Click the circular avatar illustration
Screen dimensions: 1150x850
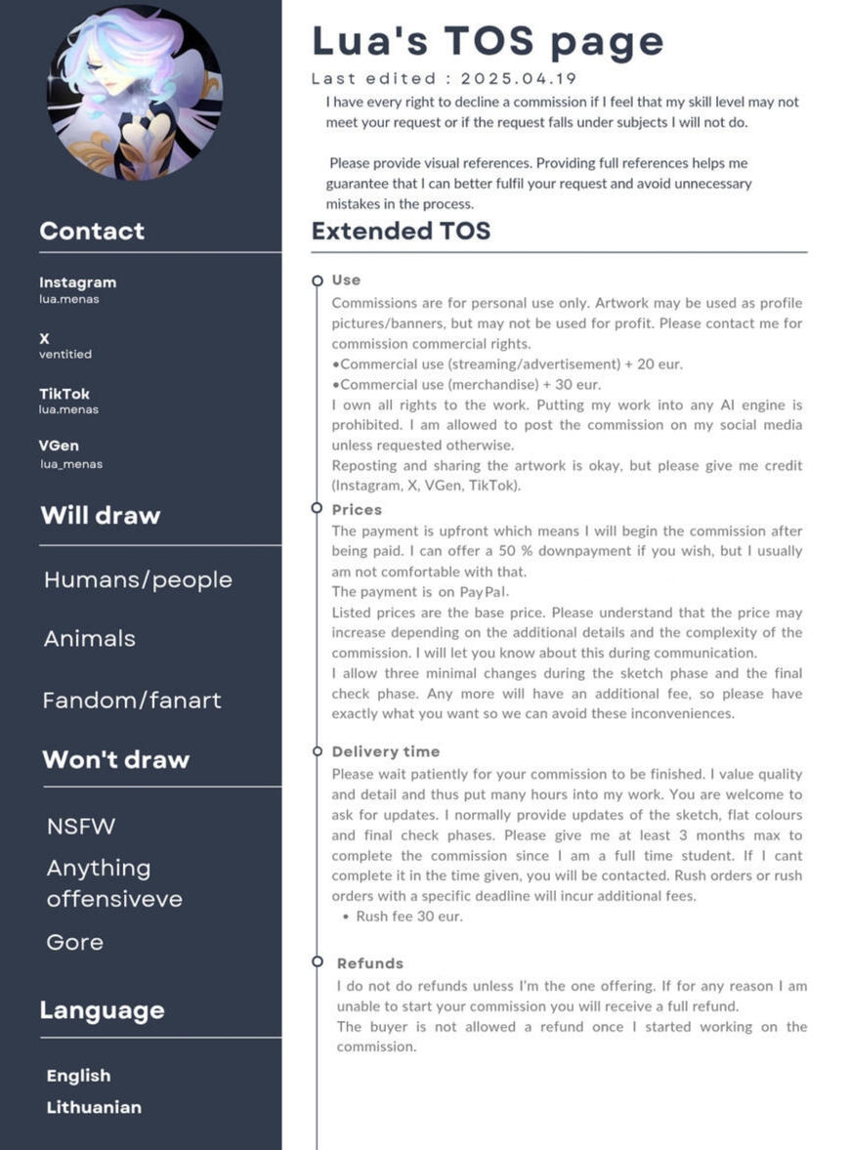(x=135, y=93)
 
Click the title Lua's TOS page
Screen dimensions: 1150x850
(x=488, y=42)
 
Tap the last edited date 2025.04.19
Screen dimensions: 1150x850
(x=519, y=79)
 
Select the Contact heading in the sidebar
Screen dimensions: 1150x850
(x=92, y=232)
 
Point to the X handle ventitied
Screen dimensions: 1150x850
(x=65, y=355)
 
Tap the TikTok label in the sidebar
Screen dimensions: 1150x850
(x=64, y=394)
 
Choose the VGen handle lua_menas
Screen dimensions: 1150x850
(x=71, y=464)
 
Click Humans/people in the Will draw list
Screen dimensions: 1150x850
(x=138, y=579)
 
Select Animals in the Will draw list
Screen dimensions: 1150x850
(x=90, y=639)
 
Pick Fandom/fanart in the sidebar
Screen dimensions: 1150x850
(x=132, y=700)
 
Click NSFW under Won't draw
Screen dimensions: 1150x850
(x=81, y=827)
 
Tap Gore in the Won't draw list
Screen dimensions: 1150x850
(x=75, y=942)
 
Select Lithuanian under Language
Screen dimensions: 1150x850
(x=94, y=1107)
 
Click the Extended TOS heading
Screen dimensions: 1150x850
(x=401, y=232)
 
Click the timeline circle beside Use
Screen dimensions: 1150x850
(x=317, y=280)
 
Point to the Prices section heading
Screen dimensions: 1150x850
(x=357, y=510)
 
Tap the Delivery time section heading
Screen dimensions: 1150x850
(x=386, y=751)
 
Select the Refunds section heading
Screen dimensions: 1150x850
(x=370, y=963)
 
